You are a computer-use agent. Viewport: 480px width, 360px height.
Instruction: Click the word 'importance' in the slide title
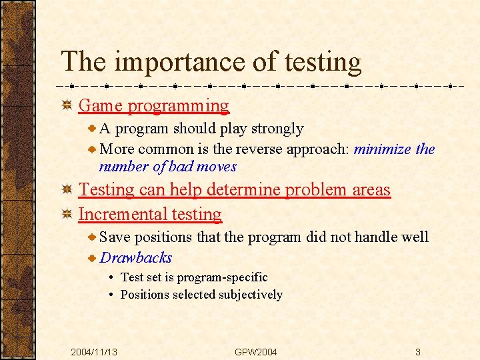coord(181,62)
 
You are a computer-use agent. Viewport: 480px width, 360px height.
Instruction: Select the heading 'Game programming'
coord(153,105)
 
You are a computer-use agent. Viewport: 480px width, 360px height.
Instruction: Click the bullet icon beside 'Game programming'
coord(67,105)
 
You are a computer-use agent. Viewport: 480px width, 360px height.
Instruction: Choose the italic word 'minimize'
coord(383,149)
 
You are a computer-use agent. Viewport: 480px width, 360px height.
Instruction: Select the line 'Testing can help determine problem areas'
coord(234,189)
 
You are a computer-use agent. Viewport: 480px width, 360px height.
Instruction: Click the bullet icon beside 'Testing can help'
coord(67,190)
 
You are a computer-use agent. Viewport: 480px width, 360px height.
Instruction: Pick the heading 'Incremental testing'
coord(150,214)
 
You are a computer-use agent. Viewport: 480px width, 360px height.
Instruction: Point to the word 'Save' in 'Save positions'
coord(115,237)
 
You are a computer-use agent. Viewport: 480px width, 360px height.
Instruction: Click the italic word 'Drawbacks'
coord(136,258)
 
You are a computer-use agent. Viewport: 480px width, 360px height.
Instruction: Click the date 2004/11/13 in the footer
coord(95,352)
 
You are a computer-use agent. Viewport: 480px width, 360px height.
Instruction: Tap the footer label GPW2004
coord(256,352)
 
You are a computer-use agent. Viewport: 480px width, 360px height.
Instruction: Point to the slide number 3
coord(417,352)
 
